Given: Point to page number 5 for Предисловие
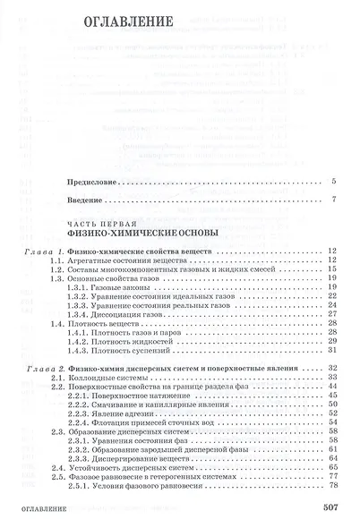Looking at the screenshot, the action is [x=332, y=181].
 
